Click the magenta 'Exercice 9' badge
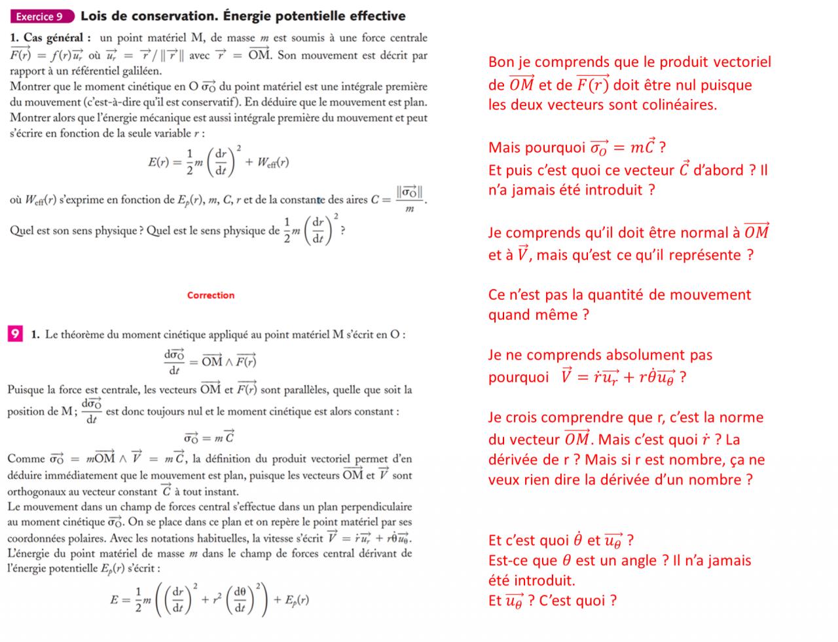click(x=41, y=16)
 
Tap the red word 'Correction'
click(x=210, y=295)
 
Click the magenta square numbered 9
click(x=15, y=334)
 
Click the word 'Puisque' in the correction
click(x=29, y=390)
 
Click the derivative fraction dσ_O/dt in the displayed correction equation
click(x=173, y=361)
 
